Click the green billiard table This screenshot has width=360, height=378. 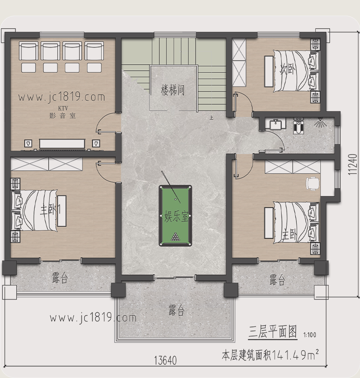pos(175,216)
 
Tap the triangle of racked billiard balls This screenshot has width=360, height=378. pos(175,237)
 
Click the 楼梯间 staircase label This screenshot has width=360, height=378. pos(173,90)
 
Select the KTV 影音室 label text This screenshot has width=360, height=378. pos(62,112)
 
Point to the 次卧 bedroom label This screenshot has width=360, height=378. pos(287,69)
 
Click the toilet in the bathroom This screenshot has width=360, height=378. pos(298,125)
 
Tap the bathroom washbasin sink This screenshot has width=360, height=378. pos(276,124)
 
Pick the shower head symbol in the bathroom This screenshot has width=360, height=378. pos(320,122)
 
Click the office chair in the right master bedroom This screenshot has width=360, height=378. pos(313,184)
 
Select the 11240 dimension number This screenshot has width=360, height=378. pos(353,164)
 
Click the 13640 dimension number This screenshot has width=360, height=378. pos(165,361)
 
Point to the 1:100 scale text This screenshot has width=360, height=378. pos(309,335)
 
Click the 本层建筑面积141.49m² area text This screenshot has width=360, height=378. pos(270,355)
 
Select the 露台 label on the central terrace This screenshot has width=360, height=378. pos(176,310)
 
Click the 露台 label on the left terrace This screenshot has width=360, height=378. pos(60,278)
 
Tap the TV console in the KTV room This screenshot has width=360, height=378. pos(62,144)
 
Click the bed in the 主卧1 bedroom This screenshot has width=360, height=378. pos(35,210)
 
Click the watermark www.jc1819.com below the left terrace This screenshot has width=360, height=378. pos(93,318)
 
